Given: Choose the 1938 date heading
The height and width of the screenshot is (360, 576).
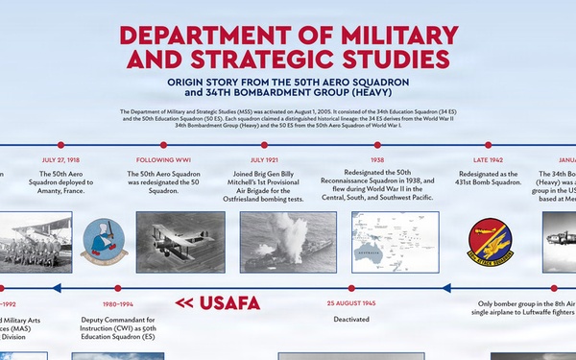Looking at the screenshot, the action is pos(376,159).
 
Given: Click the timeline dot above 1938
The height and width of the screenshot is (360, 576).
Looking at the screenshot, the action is pos(376,145).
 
